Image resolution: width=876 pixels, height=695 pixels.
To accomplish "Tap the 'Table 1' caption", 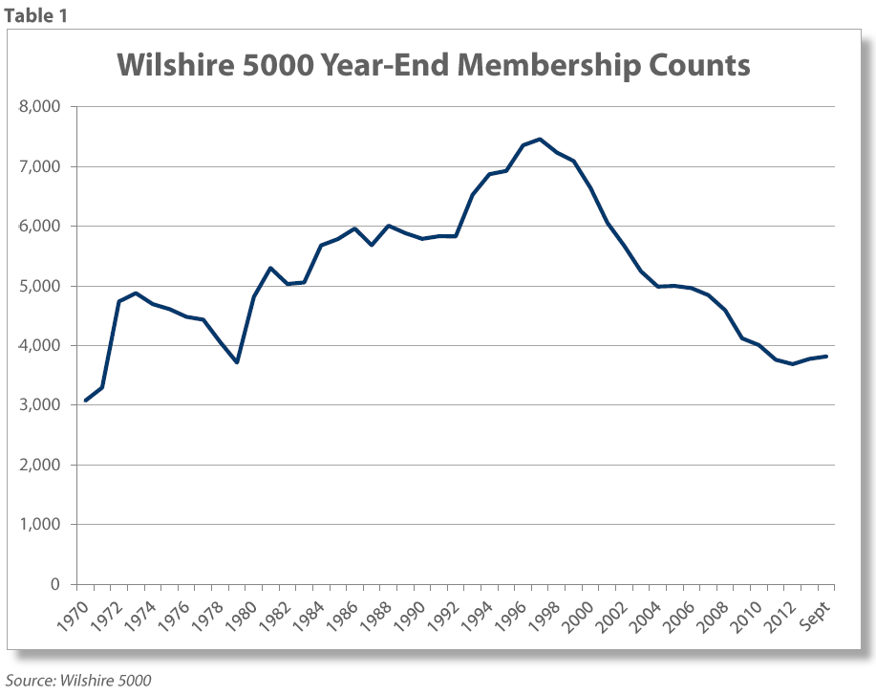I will [35, 15].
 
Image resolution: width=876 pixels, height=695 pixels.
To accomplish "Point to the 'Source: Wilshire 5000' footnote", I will [76, 681].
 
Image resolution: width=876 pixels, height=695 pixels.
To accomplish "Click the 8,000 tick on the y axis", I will [41, 107].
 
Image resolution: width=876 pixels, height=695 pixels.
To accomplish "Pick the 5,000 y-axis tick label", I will [41, 286].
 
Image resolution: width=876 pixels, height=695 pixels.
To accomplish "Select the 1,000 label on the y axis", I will [41, 525].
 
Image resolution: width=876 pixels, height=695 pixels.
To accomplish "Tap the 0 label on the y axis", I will [55, 584].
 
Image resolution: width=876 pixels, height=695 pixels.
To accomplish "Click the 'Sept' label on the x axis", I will [813, 610].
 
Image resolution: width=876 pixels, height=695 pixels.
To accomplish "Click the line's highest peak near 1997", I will [539, 139].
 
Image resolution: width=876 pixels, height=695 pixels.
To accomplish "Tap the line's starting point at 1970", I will [85, 401].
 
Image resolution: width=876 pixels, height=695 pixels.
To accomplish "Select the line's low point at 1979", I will [236, 362].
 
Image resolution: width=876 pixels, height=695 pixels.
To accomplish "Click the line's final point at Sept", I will [825, 357].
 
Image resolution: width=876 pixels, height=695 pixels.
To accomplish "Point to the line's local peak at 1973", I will [136, 293].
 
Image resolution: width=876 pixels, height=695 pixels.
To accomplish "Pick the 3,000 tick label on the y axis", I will [41, 405].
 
